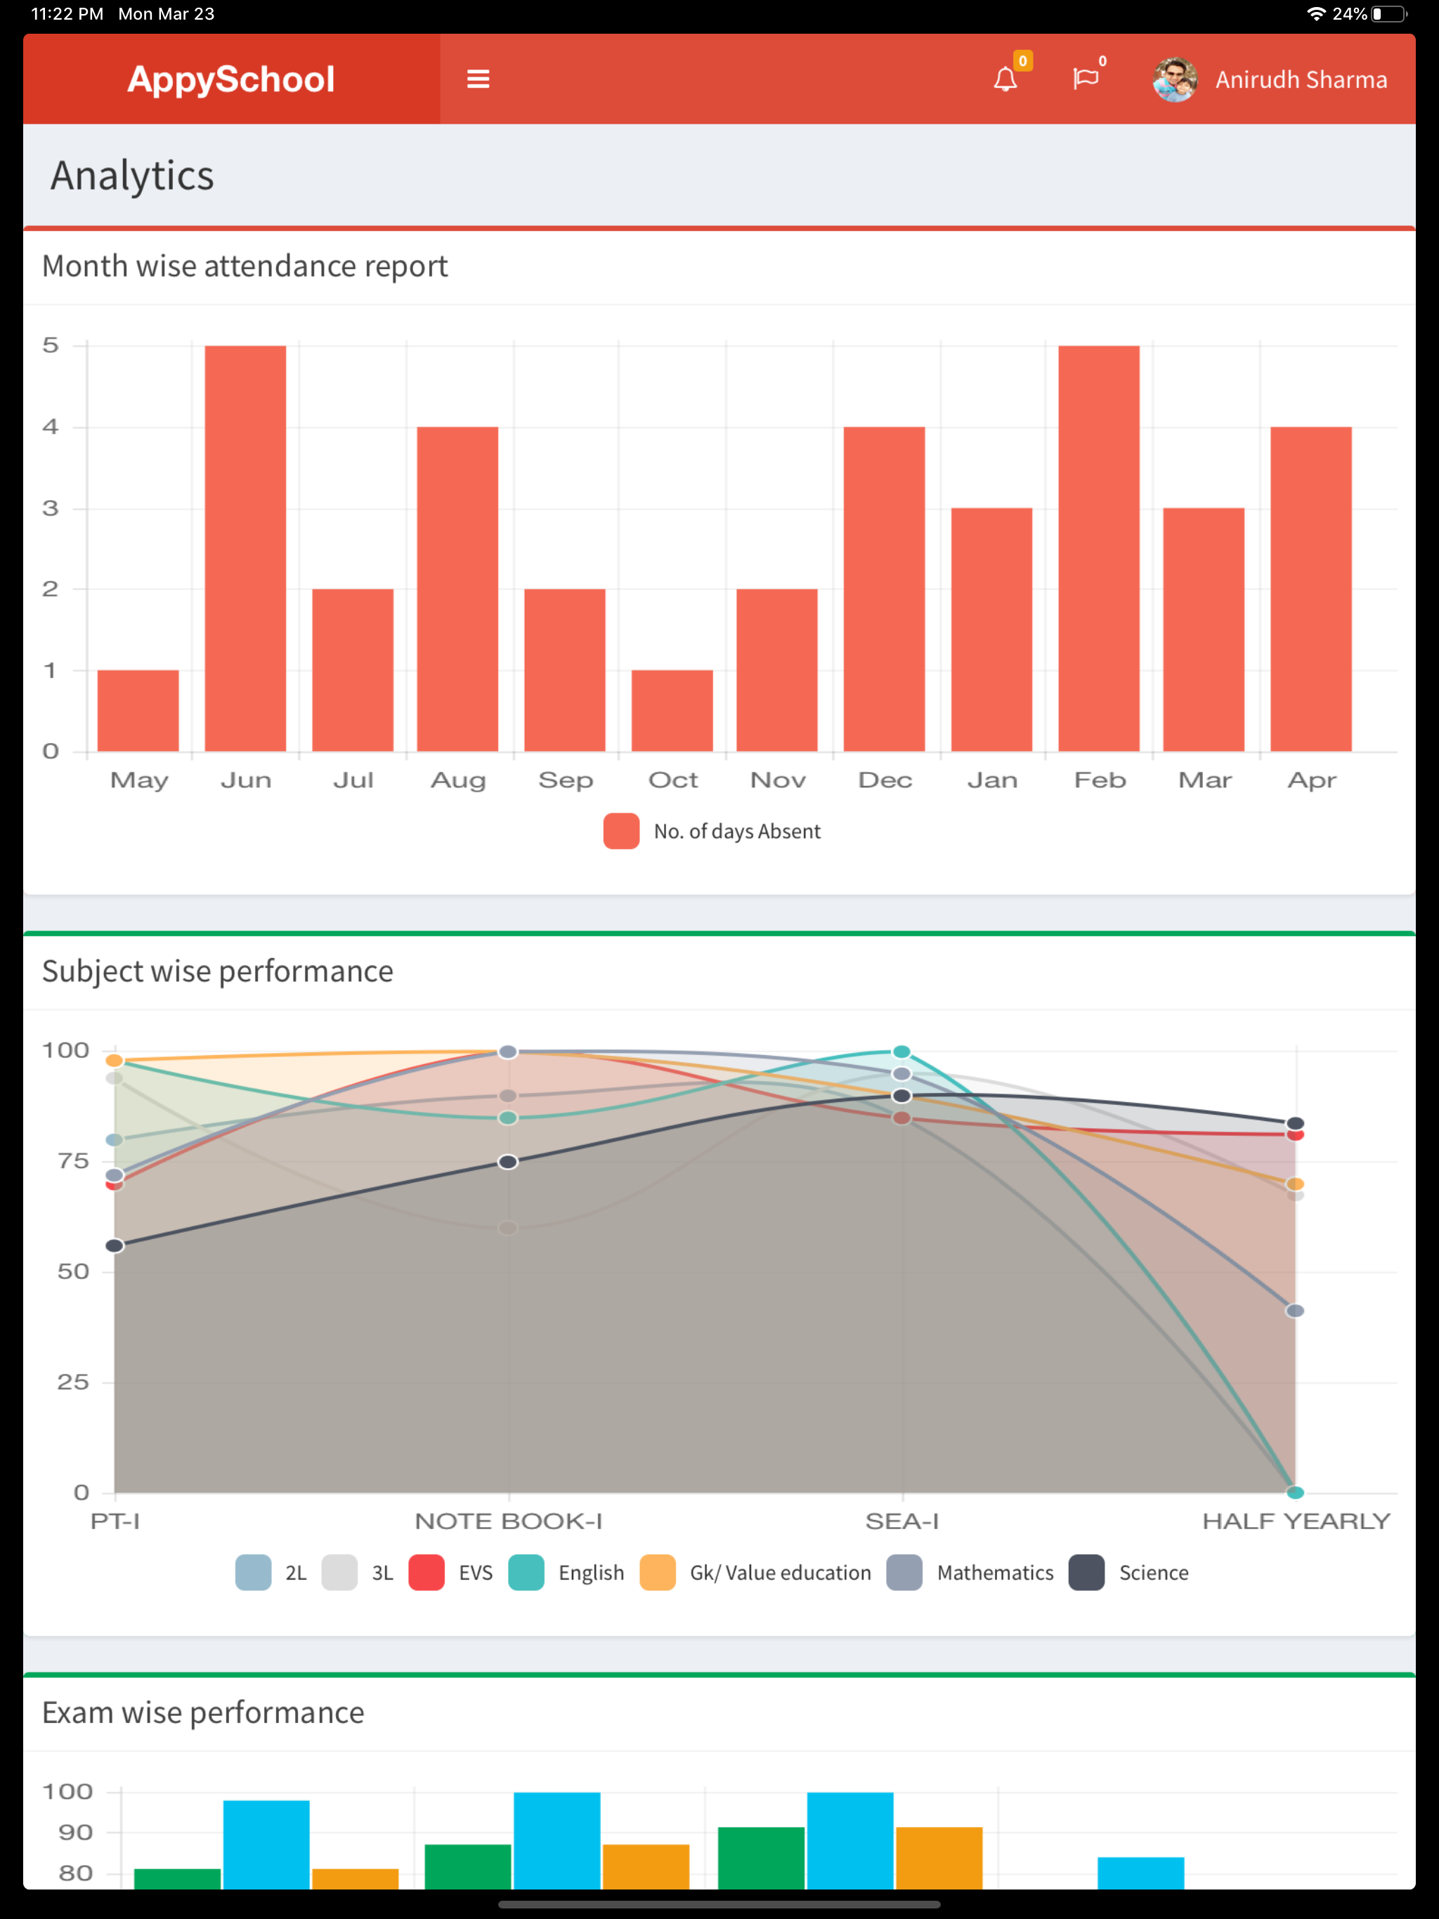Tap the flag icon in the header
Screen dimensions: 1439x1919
(1085, 79)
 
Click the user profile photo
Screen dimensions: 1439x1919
(1175, 80)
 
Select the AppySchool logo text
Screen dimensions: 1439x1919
(231, 79)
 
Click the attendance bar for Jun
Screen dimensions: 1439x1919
(246, 549)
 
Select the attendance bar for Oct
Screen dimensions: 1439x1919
(672, 711)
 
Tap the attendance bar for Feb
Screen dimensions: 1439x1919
(1099, 549)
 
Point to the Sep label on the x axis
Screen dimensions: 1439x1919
(566, 780)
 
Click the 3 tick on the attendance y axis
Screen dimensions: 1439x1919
(51, 509)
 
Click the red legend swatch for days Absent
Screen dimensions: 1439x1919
(621, 831)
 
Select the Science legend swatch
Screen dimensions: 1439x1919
(1086, 1573)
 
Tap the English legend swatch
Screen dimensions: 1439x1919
(526, 1573)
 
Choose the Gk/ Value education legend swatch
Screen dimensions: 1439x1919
(658, 1573)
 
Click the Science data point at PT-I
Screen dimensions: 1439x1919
(115, 1246)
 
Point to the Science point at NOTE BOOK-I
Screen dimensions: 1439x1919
(509, 1162)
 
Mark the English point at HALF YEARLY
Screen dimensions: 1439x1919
(1295, 1492)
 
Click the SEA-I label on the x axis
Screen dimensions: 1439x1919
(901, 1521)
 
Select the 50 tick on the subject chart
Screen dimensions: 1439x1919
(73, 1272)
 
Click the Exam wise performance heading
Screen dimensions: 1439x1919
(203, 1713)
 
